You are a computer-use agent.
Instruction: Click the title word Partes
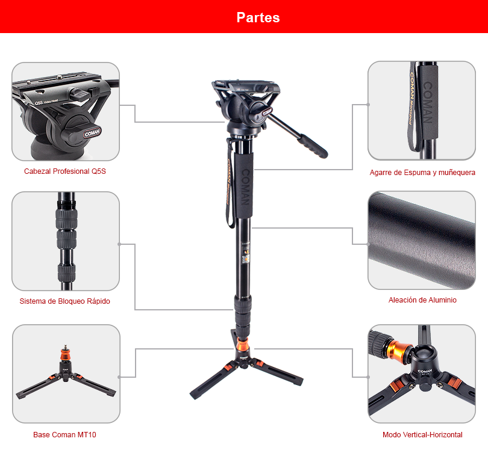tap(258, 17)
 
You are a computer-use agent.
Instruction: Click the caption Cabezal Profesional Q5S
tap(64, 171)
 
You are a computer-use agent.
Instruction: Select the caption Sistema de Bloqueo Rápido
tap(64, 301)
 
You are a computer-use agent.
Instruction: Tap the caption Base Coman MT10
tap(64, 434)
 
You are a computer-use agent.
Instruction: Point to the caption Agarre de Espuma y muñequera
tap(422, 173)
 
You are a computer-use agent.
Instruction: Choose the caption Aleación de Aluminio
tap(422, 300)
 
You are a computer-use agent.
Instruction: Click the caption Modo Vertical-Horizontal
tap(422, 434)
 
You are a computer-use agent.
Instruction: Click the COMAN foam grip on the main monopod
tap(244, 185)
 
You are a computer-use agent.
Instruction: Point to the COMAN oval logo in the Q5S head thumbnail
tap(92, 133)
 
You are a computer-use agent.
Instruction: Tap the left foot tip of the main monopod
tap(193, 395)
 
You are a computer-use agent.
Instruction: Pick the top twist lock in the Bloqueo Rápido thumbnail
tap(67, 218)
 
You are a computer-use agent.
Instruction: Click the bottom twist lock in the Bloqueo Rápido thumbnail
tap(67, 272)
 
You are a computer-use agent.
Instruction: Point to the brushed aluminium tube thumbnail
tap(422, 240)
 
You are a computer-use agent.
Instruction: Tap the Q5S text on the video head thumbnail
tap(39, 103)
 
